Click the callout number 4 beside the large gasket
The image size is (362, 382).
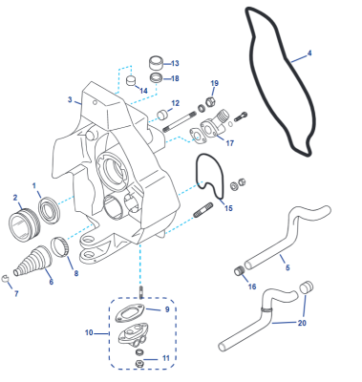(x=309, y=53)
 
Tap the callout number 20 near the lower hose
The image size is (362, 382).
(x=302, y=323)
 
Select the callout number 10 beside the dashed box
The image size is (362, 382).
(x=89, y=332)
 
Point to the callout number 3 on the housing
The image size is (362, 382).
(x=70, y=99)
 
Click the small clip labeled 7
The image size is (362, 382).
(x=5, y=279)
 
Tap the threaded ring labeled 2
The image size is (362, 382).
(x=24, y=222)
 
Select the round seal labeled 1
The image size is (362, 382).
(x=50, y=210)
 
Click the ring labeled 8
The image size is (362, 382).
(x=59, y=246)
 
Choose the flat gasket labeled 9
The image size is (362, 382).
(x=130, y=312)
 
